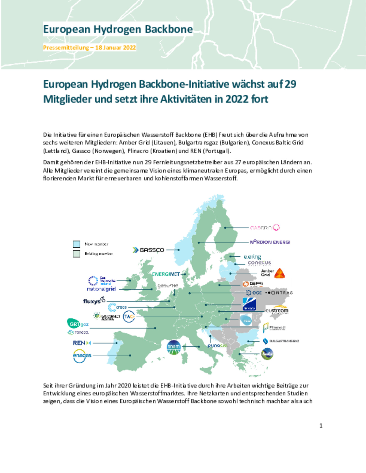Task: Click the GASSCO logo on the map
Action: (x=148, y=250)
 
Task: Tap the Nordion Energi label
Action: (x=270, y=242)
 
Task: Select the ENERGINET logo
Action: (x=166, y=274)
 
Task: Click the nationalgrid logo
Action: (x=101, y=289)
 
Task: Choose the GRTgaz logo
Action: (x=78, y=324)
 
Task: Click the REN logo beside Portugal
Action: (x=82, y=343)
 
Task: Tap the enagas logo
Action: (x=82, y=356)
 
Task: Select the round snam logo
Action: (x=174, y=347)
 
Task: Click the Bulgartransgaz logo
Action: (x=281, y=341)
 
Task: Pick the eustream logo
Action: (x=277, y=310)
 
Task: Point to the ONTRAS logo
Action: (x=279, y=293)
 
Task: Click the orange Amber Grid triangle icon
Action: (x=279, y=273)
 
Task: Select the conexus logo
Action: (x=259, y=263)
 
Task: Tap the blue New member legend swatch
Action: (x=77, y=244)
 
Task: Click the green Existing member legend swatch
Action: (x=77, y=254)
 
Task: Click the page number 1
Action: (x=321, y=426)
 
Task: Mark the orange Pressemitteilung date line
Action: (x=89, y=47)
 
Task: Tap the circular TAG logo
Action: (x=129, y=316)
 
